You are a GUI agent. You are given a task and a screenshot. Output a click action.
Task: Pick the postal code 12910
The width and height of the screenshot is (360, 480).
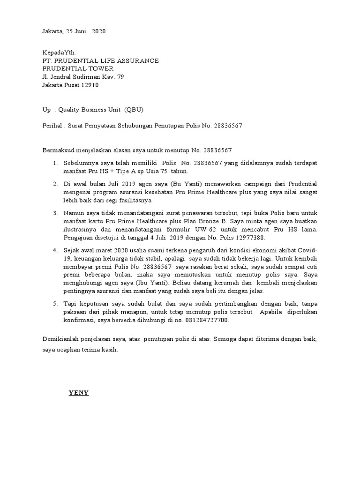click(x=90, y=85)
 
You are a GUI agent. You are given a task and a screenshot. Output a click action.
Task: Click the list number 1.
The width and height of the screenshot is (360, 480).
click(x=55, y=163)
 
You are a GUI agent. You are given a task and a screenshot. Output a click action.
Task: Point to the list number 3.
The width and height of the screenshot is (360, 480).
click(x=55, y=213)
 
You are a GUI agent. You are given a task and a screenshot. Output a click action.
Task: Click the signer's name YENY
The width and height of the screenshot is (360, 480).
click(x=79, y=392)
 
